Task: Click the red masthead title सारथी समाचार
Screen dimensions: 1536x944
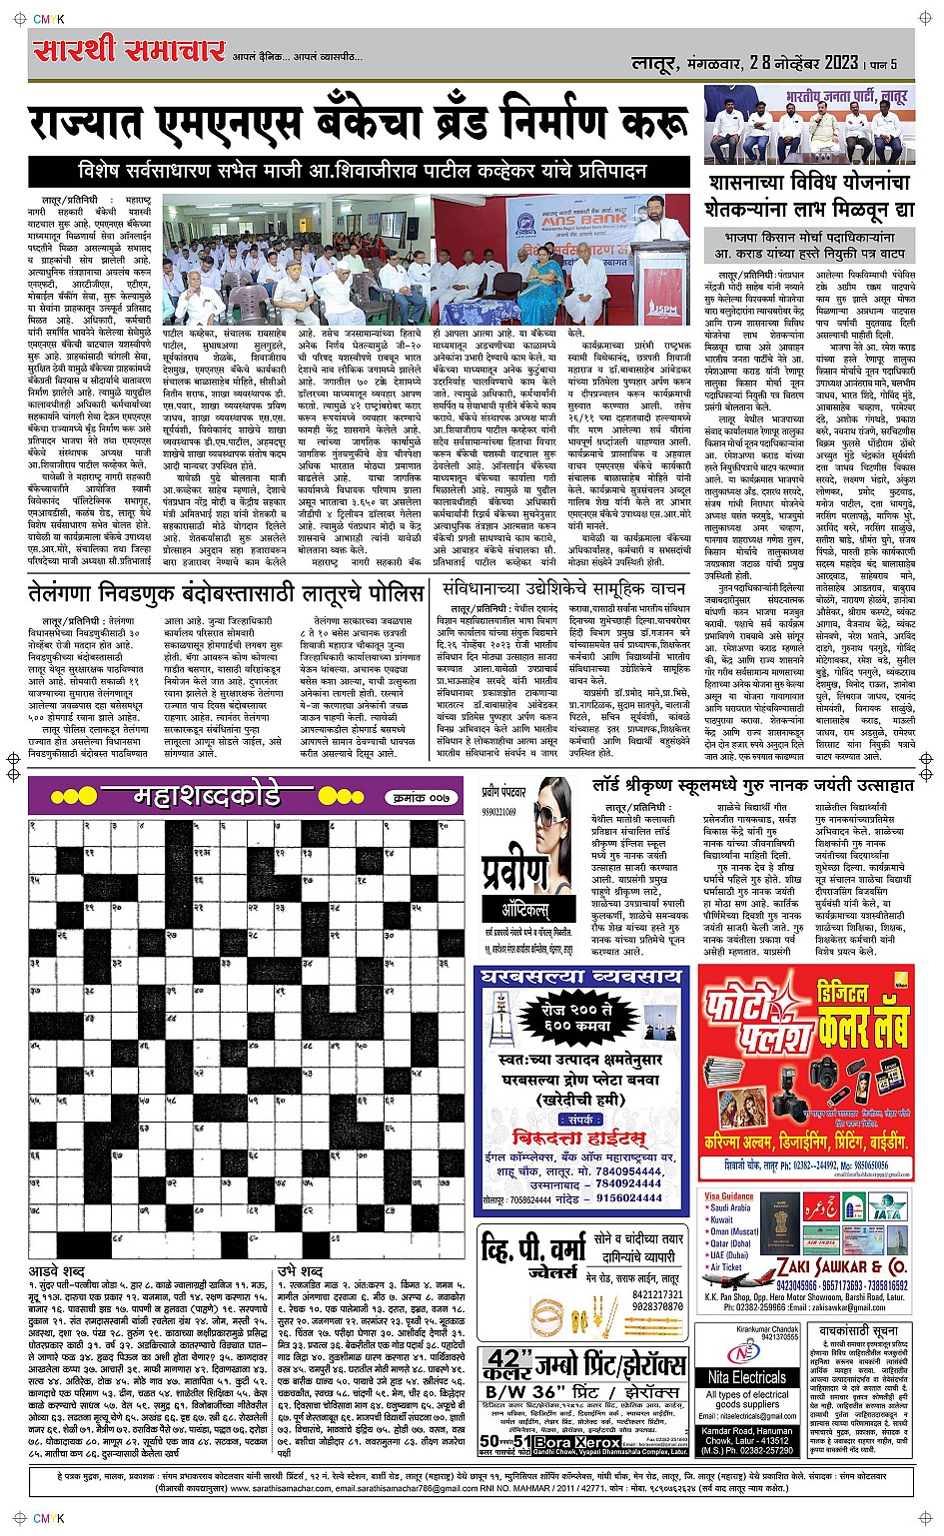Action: (x=128, y=50)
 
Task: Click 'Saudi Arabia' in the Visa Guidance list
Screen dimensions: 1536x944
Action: (x=730, y=1207)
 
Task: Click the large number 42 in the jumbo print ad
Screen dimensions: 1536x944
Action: (x=505, y=1363)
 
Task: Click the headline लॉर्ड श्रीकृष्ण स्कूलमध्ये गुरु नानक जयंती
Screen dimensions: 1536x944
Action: (x=751, y=786)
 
